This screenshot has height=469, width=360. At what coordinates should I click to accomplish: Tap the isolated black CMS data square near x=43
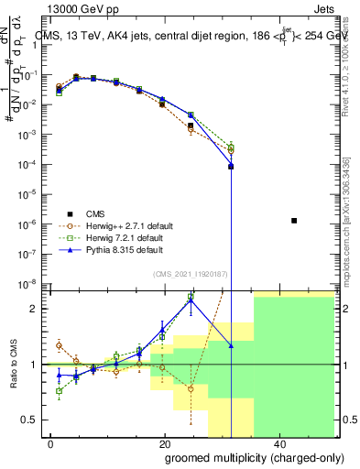pos(293,221)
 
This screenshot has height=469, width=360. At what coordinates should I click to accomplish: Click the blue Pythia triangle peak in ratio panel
pos(191,299)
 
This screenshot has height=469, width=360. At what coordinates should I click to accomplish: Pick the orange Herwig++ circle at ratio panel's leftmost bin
pos(60,345)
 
